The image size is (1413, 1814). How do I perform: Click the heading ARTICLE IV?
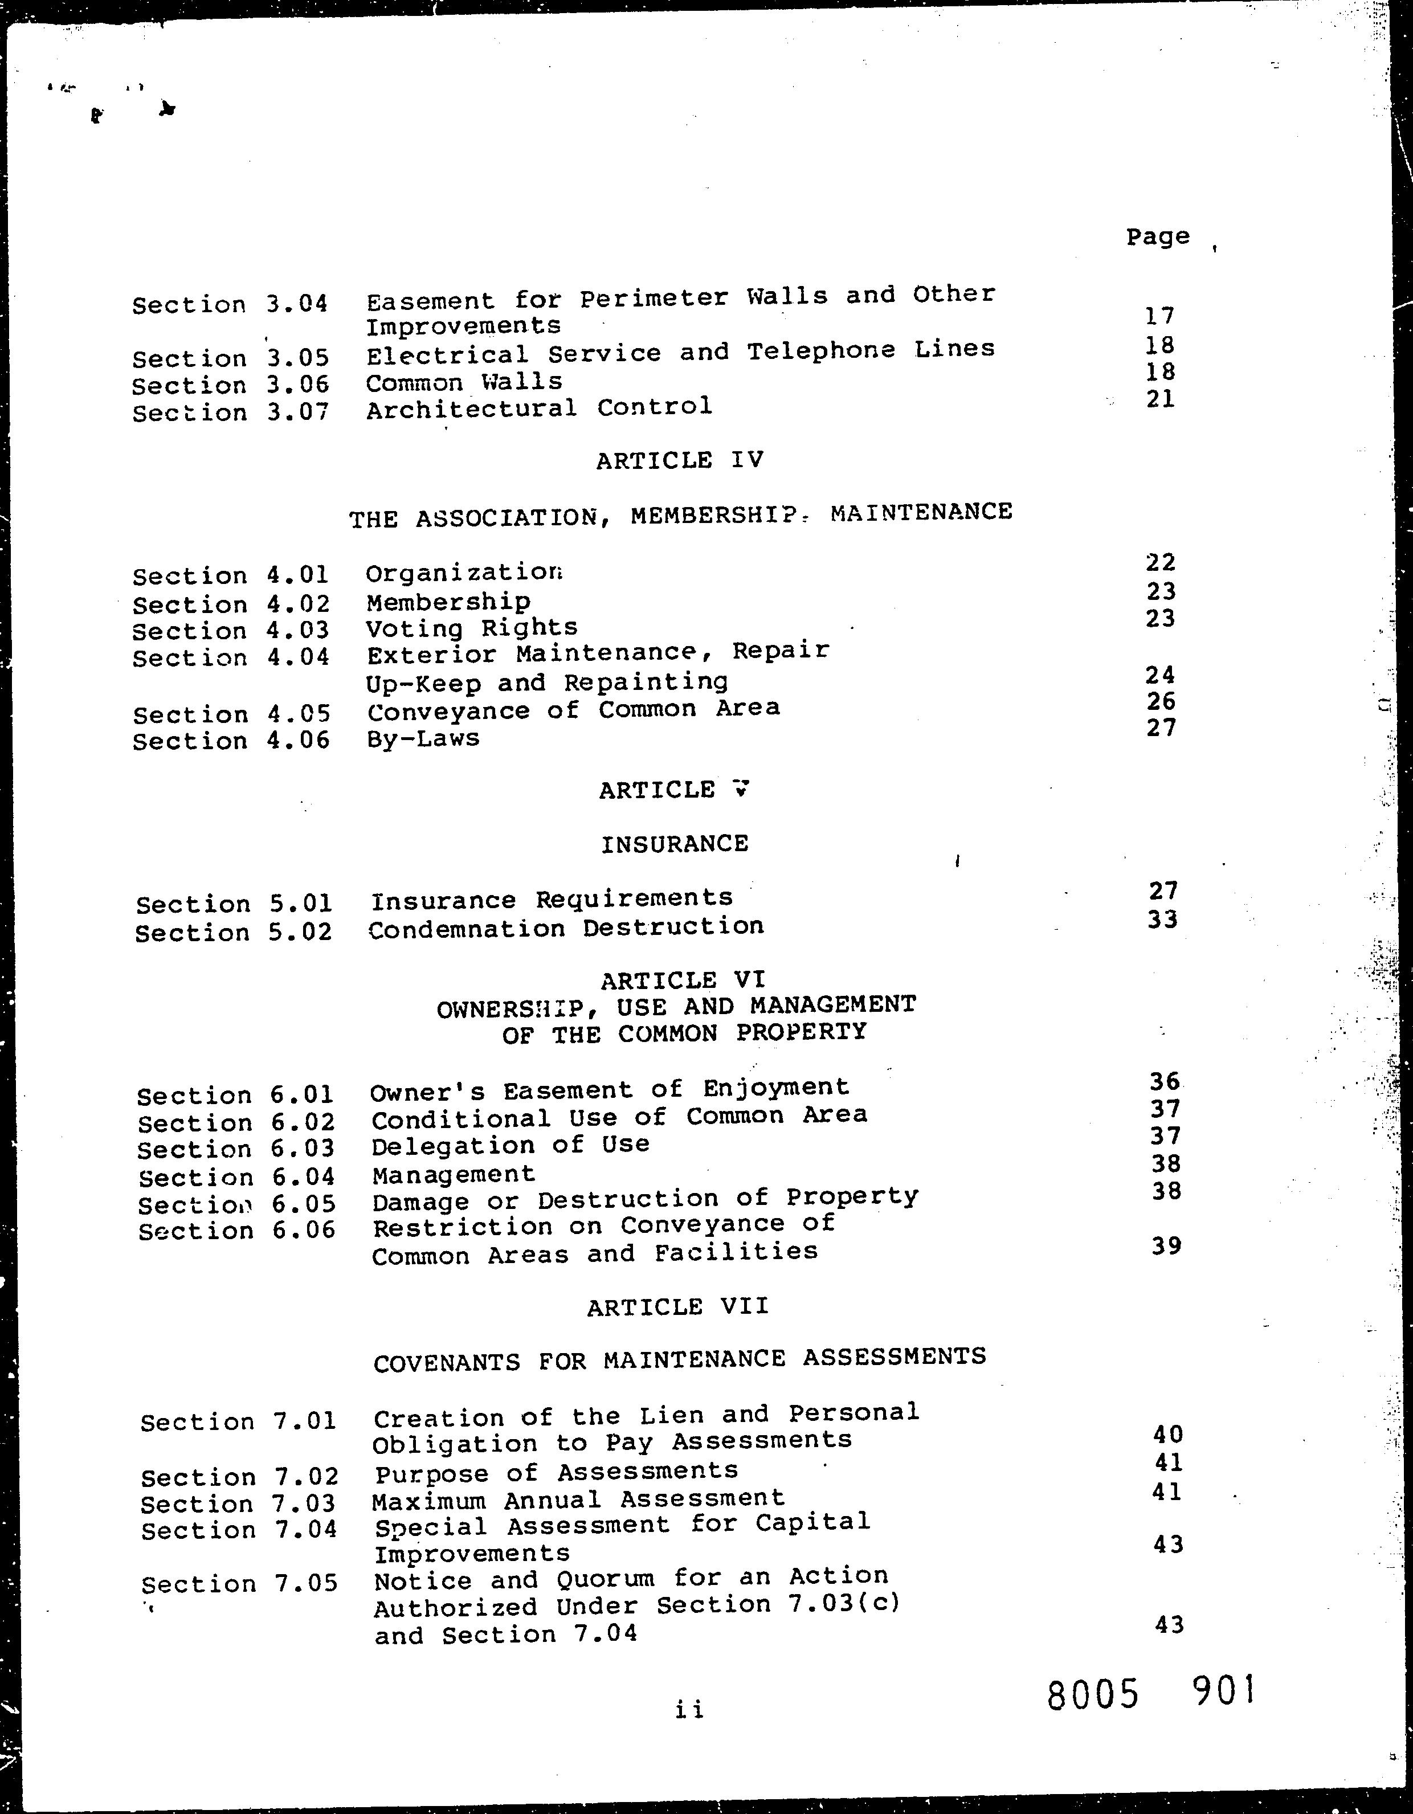coord(680,460)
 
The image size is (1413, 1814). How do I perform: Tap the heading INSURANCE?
coord(675,844)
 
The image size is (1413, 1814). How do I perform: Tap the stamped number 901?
coord(1224,1691)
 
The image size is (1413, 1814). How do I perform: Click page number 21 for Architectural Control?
coord(1161,399)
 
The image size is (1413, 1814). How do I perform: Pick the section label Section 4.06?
coord(231,741)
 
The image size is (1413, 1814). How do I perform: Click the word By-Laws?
coord(423,738)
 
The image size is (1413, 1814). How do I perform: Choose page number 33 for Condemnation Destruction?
coord(1162,920)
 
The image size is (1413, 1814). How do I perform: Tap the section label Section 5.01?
coord(234,904)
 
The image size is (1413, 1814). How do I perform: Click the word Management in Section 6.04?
coord(454,1174)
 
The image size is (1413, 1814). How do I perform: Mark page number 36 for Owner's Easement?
coord(1165,1081)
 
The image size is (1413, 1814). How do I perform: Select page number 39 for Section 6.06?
coord(1166,1246)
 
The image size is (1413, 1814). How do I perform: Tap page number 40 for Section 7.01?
coord(1168,1433)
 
